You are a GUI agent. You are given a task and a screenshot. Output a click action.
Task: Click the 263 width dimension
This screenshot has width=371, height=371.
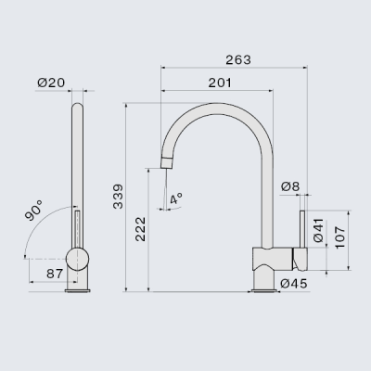coord(238,60)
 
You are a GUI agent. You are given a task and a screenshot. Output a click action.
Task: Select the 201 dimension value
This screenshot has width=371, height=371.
coord(220,83)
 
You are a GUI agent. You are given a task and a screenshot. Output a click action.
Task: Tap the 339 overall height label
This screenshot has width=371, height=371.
coord(118,197)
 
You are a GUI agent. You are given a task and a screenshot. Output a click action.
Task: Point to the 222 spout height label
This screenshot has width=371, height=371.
coord(140,229)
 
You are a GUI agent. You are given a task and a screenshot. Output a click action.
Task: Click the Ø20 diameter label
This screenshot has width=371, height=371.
coord(51,83)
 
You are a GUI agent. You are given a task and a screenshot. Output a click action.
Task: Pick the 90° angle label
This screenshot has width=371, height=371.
coord(34,211)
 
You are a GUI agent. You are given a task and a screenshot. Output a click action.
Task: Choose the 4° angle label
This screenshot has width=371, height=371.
coord(176,198)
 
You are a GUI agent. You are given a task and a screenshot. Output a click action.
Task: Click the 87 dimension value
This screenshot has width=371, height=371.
coord(55,274)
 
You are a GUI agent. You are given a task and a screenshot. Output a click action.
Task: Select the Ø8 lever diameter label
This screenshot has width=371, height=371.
coord(290,186)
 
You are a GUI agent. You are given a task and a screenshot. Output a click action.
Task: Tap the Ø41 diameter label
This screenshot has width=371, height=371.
coord(318,230)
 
